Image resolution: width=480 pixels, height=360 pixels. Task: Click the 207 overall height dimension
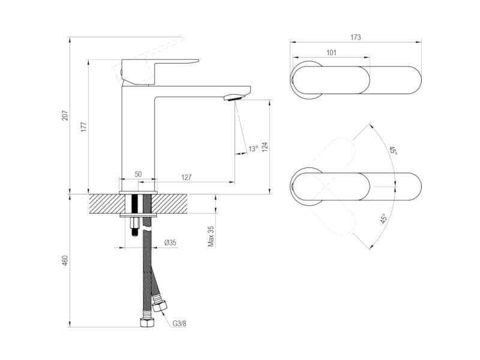pos(65,115)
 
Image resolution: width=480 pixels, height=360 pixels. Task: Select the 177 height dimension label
pos(83,127)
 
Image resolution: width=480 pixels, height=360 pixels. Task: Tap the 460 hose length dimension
pos(65,260)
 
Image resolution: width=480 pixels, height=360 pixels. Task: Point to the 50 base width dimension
pos(138,174)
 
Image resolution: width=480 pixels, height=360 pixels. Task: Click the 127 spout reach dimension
pos(186,177)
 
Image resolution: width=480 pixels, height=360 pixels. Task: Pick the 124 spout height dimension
pos(265,146)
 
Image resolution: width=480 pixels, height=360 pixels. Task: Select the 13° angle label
pos(253,149)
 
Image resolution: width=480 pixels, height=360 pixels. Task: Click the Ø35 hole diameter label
pos(170,243)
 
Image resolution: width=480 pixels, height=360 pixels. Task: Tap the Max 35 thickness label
pos(211,236)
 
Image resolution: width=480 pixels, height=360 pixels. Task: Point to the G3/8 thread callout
pos(179,323)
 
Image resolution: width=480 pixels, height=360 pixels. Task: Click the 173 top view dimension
pos(355,37)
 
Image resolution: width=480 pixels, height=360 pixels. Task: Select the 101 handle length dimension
pos(331,52)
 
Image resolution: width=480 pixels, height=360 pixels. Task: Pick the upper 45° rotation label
pos(393,151)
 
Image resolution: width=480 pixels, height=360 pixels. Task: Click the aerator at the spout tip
pos(233,97)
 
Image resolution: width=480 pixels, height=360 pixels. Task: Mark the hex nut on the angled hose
pos(160,305)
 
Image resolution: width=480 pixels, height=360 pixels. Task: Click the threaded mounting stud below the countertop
pos(134,226)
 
